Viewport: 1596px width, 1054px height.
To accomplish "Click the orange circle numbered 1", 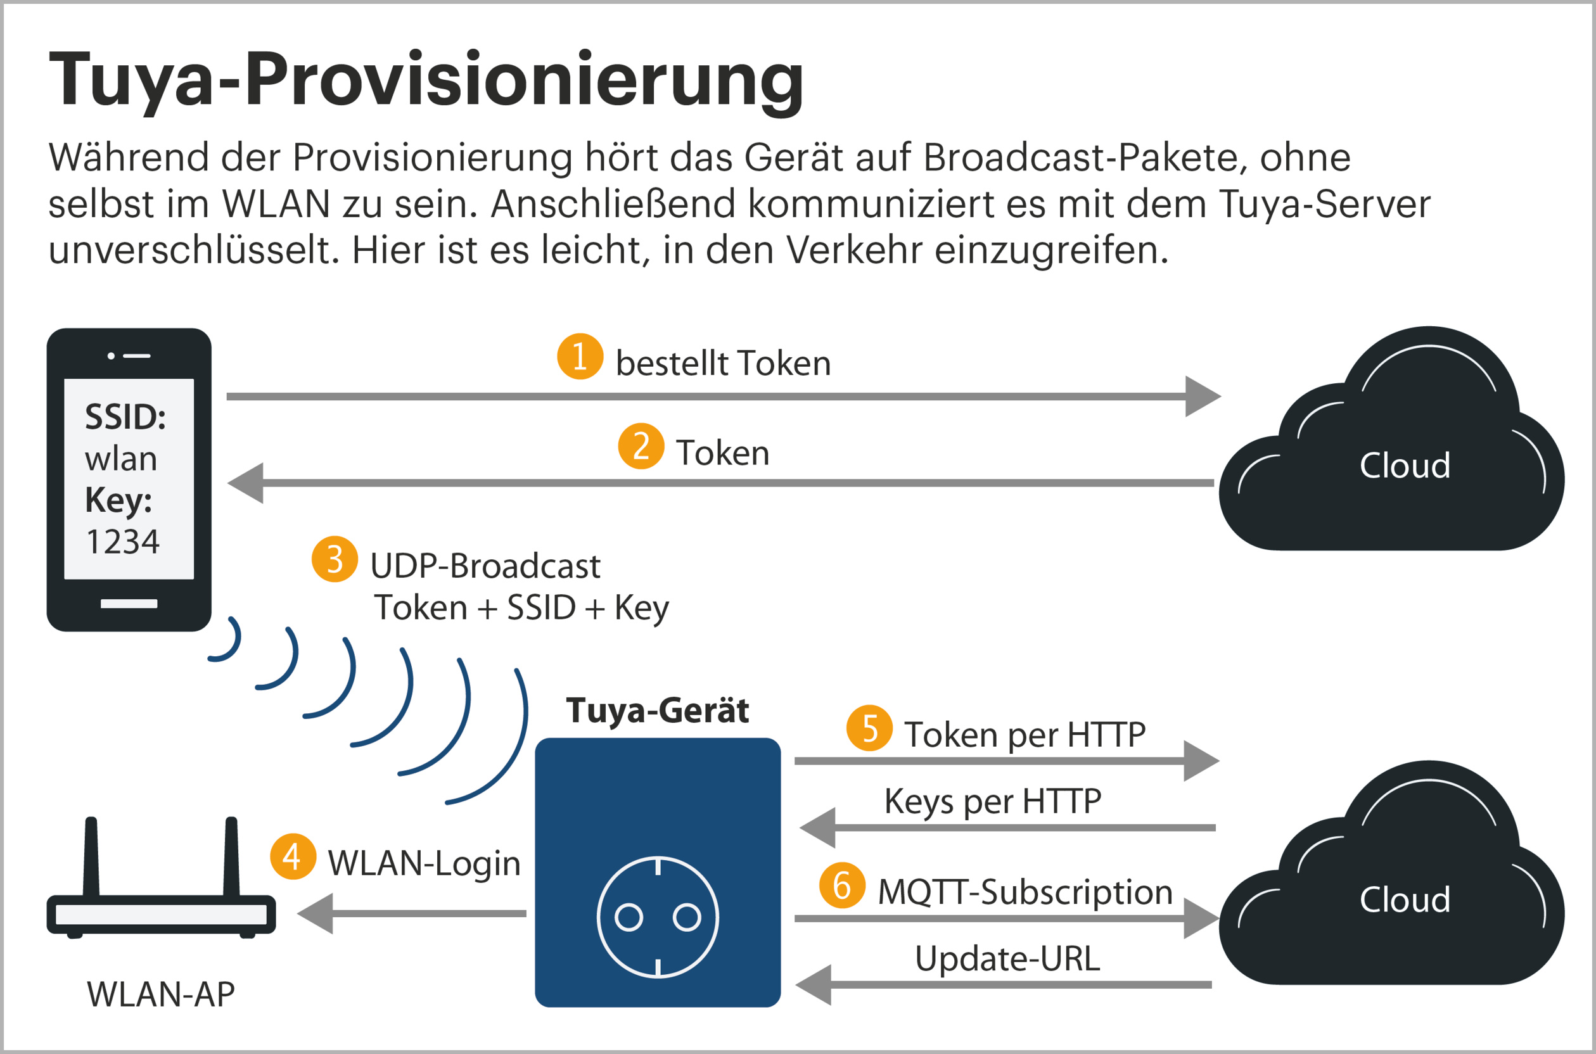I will [x=580, y=356].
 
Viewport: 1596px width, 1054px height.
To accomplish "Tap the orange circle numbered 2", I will [x=641, y=446].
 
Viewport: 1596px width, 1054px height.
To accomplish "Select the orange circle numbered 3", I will [x=334, y=559].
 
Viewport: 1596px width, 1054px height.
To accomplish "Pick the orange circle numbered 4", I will [x=293, y=856].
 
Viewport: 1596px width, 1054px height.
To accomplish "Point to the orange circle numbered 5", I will [x=869, y=728].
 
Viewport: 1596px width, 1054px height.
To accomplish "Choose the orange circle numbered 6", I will [x=841, y=885].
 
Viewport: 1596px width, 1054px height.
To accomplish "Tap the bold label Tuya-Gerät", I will [x=657, y=710].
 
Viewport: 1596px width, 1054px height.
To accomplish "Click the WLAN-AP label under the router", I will [x=161, y=994].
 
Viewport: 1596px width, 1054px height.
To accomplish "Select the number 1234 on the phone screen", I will [x=123, y=541].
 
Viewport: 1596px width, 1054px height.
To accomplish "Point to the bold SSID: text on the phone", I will [x=125, y=417].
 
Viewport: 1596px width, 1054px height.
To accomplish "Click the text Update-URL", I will [x=1007, y=958].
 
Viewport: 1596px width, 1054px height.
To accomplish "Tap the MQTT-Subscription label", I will [x=1025, y=892].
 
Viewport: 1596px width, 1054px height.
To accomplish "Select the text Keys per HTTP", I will [x=992, y=801].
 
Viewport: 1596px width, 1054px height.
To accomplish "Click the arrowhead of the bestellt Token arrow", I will [x=1203, y=396].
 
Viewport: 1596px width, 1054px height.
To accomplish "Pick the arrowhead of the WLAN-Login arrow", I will [x=316, y=913].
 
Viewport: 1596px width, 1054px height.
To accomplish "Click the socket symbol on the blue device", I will [x=658, y=917].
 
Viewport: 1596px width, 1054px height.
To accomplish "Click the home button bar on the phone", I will [x=129, y=604].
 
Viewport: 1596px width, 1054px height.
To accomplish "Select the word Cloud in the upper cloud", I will [x=1405, y=465].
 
